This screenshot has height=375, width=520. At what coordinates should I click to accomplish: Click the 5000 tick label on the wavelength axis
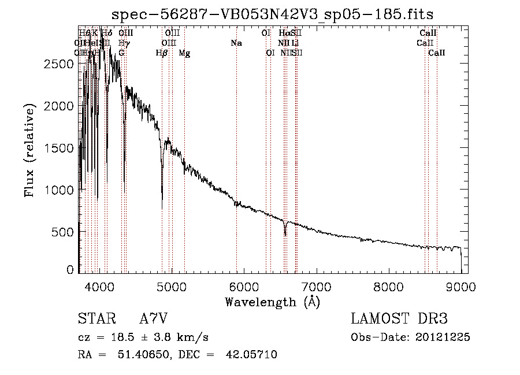[171, 286]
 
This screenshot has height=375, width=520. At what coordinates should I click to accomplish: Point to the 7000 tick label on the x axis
[316, 286]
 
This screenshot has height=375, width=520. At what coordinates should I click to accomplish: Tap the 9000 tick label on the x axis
[460, 286]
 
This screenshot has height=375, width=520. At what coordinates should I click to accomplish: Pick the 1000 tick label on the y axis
[59, 190]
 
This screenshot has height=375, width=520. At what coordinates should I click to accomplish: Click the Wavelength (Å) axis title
[272, 302]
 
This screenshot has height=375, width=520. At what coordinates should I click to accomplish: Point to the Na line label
[236, 43]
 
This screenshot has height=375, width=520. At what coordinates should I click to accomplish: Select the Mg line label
[184, 53]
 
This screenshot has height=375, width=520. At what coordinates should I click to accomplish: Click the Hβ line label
[162, 53]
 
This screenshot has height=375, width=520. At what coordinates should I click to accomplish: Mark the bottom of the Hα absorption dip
[285, 235]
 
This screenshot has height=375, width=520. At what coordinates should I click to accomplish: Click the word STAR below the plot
[96, 318]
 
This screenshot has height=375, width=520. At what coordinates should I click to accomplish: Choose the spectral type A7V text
[154, 318]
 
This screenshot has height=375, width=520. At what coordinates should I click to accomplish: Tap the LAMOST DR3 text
[399, 318]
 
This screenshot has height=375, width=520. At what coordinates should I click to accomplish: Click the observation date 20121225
[443, 337]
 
